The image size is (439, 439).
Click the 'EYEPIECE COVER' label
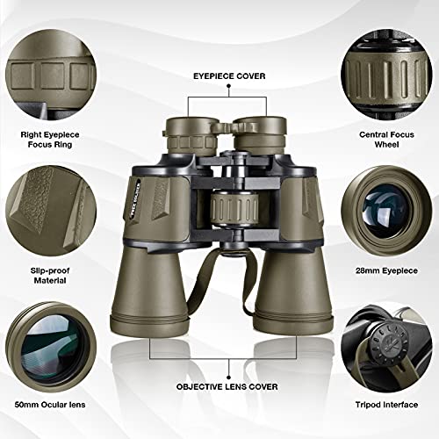[x=219, y=76]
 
